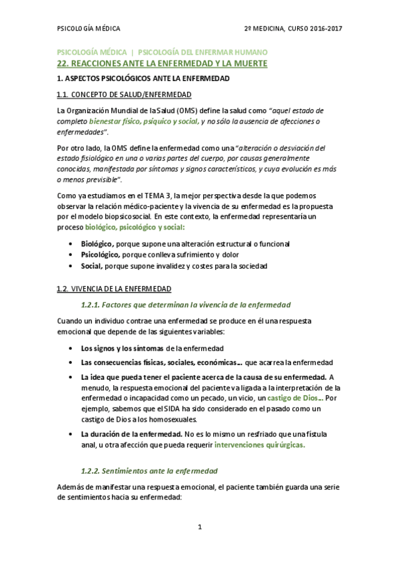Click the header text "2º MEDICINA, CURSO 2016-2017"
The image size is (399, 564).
click(x=293, y=29)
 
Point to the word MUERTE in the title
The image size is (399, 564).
click(x=249, y=64)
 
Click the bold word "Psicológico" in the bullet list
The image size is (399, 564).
click(x=100, y=255)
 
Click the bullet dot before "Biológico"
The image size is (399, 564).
click(x=71, y=244)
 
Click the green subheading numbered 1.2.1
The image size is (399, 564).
click(x=185, y=305)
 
